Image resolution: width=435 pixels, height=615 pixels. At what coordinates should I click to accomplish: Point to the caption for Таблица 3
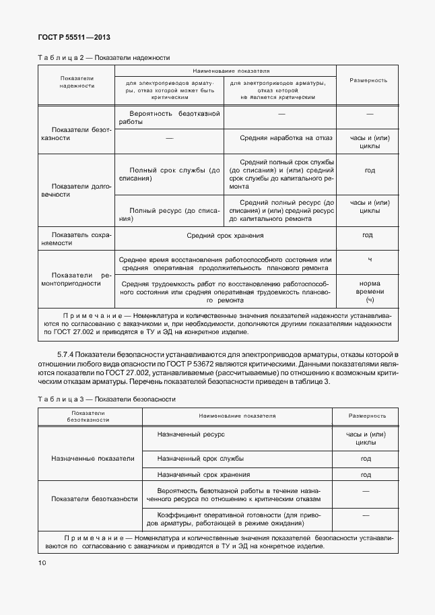[106, 399]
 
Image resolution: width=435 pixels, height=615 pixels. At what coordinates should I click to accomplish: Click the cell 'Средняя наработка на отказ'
[286, 138]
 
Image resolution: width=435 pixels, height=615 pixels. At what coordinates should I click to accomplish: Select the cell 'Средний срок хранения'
[226, 236]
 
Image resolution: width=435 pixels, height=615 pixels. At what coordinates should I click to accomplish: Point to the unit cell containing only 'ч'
[369, 259]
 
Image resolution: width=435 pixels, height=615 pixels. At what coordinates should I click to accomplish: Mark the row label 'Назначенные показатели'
[92, 458]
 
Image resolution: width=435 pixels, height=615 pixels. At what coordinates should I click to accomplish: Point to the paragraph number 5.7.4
[66, 354]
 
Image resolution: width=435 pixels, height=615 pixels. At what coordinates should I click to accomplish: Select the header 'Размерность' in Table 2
[368, 80]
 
